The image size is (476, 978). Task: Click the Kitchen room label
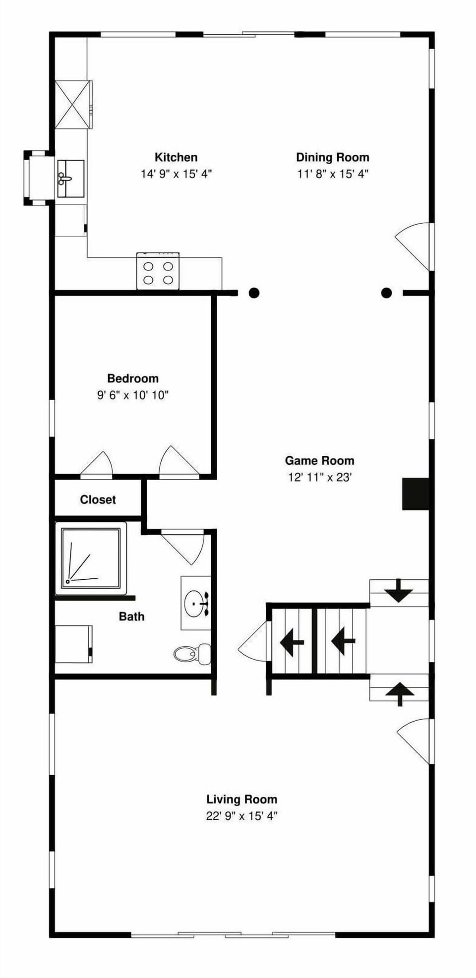[176, 157]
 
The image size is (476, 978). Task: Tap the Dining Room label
[333, 157]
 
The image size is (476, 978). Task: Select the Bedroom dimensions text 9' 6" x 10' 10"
[133, 395]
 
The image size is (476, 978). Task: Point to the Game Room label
[319, 460]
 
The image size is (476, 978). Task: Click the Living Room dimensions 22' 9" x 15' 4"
[241, 816]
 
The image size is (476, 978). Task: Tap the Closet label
[98, 499]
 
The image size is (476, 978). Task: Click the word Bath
[131, 616]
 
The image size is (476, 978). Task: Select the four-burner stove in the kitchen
[158, 271]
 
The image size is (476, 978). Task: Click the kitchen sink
[71, 179]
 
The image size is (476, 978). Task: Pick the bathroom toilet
[192, 654]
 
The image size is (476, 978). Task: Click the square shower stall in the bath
[90, 558]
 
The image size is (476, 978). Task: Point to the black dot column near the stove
[254, 293]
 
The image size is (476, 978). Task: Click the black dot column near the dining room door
[386, 293]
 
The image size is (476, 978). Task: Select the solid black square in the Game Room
[416, 494]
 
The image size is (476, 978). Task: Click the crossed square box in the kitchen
[73, 104]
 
